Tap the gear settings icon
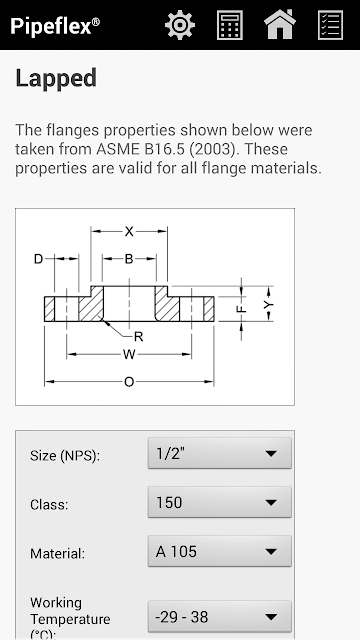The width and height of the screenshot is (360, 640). pos(180,25)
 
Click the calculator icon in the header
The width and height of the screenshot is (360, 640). pos(230,25)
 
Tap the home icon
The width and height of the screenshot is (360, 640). pos(280,24)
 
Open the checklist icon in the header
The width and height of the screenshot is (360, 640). pos(330,25)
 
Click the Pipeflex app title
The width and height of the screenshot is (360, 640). pos(55,26)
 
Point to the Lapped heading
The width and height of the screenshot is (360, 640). pos(56,78)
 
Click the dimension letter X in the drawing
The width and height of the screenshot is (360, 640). pos(129,231)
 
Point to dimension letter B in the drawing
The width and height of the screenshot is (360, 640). pos(129,259)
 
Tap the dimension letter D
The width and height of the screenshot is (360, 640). pos(38,259)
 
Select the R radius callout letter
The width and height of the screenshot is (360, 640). pos(139,337)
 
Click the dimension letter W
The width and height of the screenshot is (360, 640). pos(129,355)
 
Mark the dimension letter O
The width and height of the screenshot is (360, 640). pos(129,382)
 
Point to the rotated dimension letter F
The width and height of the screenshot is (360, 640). pos(242,309)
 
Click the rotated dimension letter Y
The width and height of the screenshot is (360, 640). pos(268,304)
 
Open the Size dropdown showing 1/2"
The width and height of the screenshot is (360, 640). pos(220,453)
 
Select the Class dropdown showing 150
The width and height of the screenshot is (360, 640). pos(220,502)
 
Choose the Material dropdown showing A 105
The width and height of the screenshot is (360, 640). pos(220,551)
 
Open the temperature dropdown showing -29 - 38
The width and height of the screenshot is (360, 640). pos(220,616)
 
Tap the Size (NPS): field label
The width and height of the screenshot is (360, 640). pos(65,456)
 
